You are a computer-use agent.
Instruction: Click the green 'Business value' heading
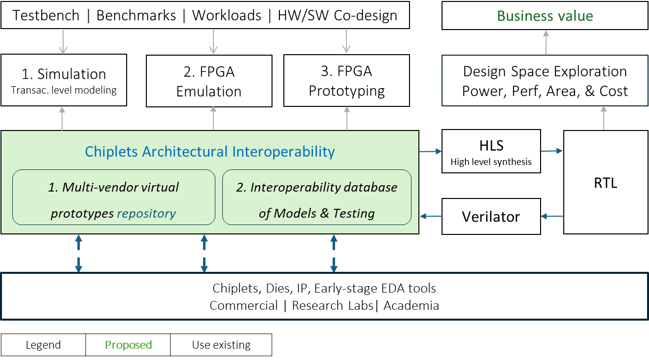pyautogui.click(x=545, y=16)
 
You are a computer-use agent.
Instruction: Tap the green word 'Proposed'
pyautogui.click(x=128, y=345)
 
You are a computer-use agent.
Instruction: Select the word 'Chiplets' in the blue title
pyautogui.click(x=111, y=151)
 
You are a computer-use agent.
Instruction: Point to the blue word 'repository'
pyautogui.click(x=146, y=213)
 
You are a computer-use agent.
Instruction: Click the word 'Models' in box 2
pyautogui.click(x=295, y=213)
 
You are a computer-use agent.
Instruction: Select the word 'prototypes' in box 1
pyautogui.click(x=82, y=213)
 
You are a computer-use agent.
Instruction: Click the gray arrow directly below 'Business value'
pyautogui.click(x=546, y=42)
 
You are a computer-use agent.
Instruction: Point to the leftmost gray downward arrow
pyautogui.click(x=63, y=42)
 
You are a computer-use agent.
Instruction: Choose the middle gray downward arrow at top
pyautogui.click(x=213, y=42)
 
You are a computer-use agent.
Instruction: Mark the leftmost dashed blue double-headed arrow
pyautogui.click(x=78, y=253)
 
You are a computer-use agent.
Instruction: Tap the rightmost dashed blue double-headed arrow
pyautogui.click(x=334, y=253)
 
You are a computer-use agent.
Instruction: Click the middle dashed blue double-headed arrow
pyautogui.click(x=204, y=253)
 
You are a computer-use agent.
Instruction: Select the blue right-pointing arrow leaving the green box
pyautogui.click(x=430, y=152)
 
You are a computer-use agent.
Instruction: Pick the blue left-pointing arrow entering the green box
pyautogui.click(x=430, y=216)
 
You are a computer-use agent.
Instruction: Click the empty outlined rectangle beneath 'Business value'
pyautogui.click(x=545, y=80)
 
